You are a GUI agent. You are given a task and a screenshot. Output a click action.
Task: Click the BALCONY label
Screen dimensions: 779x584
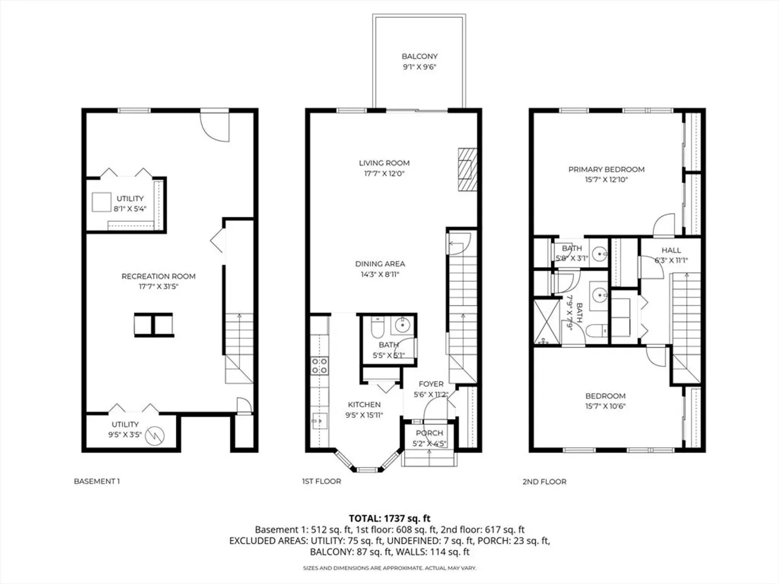pyautogui.click(x=419, y=56)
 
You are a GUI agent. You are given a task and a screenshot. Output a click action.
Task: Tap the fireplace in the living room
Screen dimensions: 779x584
pyautogui.click(x=467, y=170)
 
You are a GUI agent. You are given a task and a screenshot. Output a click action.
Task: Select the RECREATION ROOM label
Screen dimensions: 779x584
pyautogui.click(x=159, y=276)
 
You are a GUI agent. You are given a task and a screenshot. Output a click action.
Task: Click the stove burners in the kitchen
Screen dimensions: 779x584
pyautogui.click(x=319, y=366)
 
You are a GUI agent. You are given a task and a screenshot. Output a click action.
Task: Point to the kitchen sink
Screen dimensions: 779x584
pyautogui.click(x=319, y=421)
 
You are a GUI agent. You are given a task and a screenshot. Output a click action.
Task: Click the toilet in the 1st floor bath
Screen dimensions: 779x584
pyautogui.click(x=377, y=327)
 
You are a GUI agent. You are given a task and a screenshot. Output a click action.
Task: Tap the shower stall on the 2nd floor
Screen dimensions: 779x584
pyautogui.click(x=547, y=322)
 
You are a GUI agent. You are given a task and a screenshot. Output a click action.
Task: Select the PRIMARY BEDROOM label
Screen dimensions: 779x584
pyautogui.click(x=606, y=169)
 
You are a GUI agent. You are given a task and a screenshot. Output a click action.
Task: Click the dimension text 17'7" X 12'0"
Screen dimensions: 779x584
pyautogui.click(x=384, y=174)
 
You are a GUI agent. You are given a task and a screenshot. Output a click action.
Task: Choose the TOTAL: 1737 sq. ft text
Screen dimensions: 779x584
pyautogui.click(x=389, y=519)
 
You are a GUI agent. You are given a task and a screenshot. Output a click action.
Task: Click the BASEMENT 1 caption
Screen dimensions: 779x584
pyautogui.click(x=96, y=481)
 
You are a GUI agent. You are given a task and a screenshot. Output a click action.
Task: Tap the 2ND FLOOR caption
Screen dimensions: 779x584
pyautogui.click(x=544, y=481)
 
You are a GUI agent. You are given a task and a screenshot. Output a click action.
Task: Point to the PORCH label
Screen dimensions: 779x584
pyautogui.click(x=430, y=433)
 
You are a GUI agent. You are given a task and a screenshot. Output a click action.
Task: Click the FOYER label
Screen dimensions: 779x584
pyautogui.click(x=431, y=384)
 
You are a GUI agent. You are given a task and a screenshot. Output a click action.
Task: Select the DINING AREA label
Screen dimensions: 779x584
pyautogui.click(x=380, y=264)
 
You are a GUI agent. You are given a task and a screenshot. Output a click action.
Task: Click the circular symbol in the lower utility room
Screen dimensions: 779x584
pyautogui.click(x=155, y=435)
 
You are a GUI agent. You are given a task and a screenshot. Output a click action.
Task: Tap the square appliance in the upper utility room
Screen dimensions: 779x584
pyautogui.click(x=102, y=202)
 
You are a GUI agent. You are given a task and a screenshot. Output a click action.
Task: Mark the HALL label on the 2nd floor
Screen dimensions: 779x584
pyautogui.click(x=671, y=250)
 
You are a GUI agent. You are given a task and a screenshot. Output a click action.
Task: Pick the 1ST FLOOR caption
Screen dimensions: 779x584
pyautogui.click(x=321, y=481)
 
